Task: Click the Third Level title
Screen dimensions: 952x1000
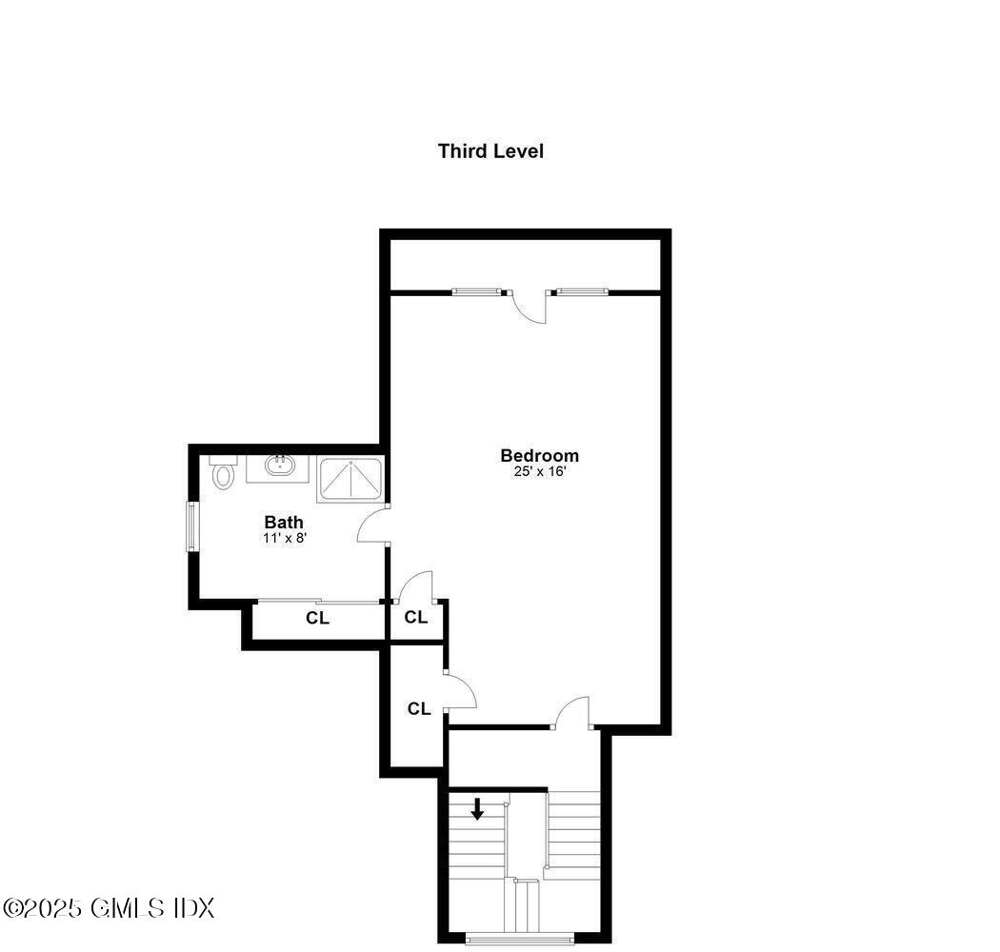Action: pos(490,150)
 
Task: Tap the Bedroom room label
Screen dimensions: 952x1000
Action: pos(539,455)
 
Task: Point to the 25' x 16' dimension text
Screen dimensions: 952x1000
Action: pos(539,471)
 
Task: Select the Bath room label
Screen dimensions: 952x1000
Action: pos(284,522)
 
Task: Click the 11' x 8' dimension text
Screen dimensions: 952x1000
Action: pos(284,538)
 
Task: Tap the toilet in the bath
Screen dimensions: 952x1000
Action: pos(223,473)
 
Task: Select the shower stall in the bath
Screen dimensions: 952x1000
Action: pos(350,478)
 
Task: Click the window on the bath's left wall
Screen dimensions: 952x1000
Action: pos(191,526)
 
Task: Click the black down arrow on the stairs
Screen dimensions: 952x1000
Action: pos(477,809)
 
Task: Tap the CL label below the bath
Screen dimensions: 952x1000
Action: pos(317,618)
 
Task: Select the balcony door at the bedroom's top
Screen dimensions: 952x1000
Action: pos(529,307)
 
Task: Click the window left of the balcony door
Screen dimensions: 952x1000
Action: pos(475,291)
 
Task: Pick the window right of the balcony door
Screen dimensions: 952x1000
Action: pos(581,291)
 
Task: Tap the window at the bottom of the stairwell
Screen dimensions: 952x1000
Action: pos(520,939)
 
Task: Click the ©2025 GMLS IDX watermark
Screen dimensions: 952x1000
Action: pos(109,907)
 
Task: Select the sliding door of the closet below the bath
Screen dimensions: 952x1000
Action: pos(318,601)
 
